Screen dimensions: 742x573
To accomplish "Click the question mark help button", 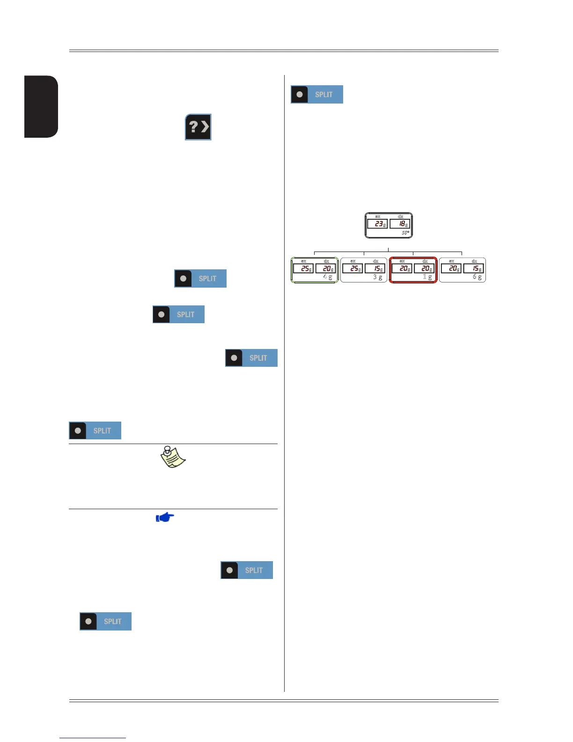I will tap(198, 127).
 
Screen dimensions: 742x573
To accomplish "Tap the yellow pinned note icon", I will tap(173, 457).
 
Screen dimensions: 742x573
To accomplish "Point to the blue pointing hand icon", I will tap(165, 517).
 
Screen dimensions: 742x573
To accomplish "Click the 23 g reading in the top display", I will tap(377, 224).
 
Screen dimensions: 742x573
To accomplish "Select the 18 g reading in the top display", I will tap(400, 224).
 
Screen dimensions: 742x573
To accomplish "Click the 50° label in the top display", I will tap(405, 233).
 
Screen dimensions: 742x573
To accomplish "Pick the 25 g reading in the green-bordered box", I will tap(303, 268).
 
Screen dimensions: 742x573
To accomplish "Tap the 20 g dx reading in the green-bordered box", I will tap(326, 268).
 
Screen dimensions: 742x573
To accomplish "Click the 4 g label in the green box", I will tap(328, 277).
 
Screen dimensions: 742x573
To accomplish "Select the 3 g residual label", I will tap(377, 277).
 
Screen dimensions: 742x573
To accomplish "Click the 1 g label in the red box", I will tap(427, 277).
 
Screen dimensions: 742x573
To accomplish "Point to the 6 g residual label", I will tap(477, 277).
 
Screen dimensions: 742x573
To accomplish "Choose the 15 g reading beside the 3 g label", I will tap(375, 268).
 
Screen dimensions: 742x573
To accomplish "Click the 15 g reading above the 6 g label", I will tap(474, 268).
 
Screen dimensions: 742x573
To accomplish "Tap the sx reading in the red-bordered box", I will tap(402, 268).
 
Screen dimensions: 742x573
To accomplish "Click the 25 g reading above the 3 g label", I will tap(353, 268).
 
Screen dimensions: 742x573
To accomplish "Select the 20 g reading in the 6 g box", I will tap(451, 268).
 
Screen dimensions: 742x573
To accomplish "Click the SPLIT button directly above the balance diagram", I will tap(317, 94).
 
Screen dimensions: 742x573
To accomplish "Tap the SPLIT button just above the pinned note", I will tap(95, 430).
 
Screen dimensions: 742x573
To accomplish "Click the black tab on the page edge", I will tap(41, 106).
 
